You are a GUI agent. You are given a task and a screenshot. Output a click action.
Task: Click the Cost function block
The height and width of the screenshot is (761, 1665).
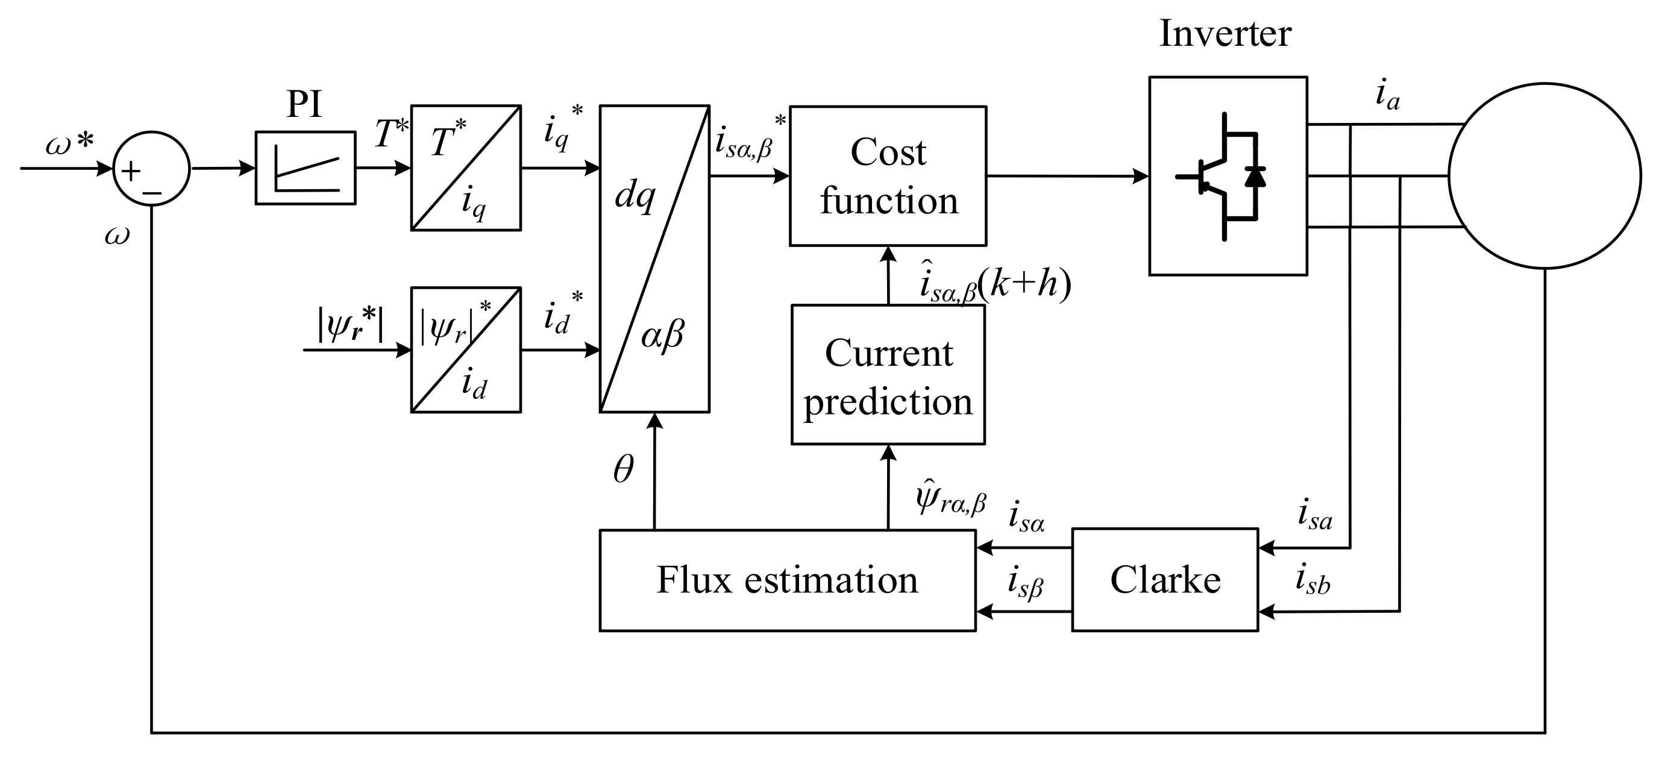coord(888,176)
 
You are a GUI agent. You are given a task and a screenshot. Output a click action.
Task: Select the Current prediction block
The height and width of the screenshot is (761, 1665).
coord(888,375)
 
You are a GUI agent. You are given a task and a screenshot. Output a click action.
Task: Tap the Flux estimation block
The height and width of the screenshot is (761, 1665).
coord(786,580)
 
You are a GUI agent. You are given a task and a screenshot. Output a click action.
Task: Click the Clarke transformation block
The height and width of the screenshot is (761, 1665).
coord(1165,580)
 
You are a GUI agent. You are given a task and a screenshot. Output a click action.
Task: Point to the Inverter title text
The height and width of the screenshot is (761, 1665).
coord(1225,34)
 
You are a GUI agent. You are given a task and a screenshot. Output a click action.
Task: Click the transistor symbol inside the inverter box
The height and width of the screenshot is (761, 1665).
coord(1221,177)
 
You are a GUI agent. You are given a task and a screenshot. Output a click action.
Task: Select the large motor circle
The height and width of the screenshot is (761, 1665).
coord(1544,176)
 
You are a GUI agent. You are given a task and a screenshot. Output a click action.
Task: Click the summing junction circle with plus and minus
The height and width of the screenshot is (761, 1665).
coord(151,169)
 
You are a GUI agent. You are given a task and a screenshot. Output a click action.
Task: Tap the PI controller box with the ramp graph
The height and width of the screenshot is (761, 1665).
coord(305,168)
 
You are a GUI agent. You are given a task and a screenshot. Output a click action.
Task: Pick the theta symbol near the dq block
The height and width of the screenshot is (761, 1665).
coord(623,469)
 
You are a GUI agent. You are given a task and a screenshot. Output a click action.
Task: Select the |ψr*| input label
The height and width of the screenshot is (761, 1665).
coord(350,324)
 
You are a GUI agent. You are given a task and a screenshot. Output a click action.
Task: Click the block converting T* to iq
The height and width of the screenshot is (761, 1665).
coord(465,168)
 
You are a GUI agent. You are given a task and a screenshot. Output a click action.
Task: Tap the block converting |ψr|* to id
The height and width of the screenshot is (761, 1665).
coord(465,349)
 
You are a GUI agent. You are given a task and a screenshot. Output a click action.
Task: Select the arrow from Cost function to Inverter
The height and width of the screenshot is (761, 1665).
coord(1067,176)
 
